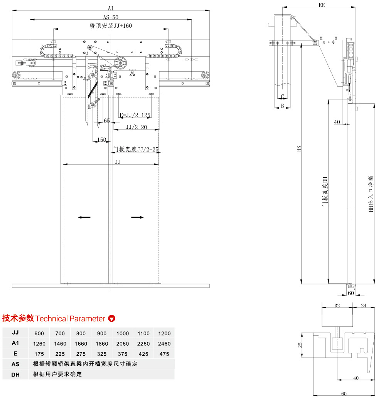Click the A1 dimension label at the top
tap(111, 8)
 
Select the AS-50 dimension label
tap(111, 17)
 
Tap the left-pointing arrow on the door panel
tap(84, 217)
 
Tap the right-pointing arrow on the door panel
tap(137, 217)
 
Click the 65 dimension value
tap(107, 121)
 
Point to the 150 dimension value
tap(101, 140)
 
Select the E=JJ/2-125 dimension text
tap(135, 115)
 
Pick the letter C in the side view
tap(282, 97)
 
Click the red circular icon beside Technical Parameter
tap(112, 319)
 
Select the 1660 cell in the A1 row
tap(81, 344)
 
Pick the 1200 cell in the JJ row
tap(164, 333)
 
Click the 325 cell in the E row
tap(102, 354)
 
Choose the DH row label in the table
tap(15, 374)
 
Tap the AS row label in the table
tap(15, 364)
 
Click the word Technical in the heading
tap(51, 319)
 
